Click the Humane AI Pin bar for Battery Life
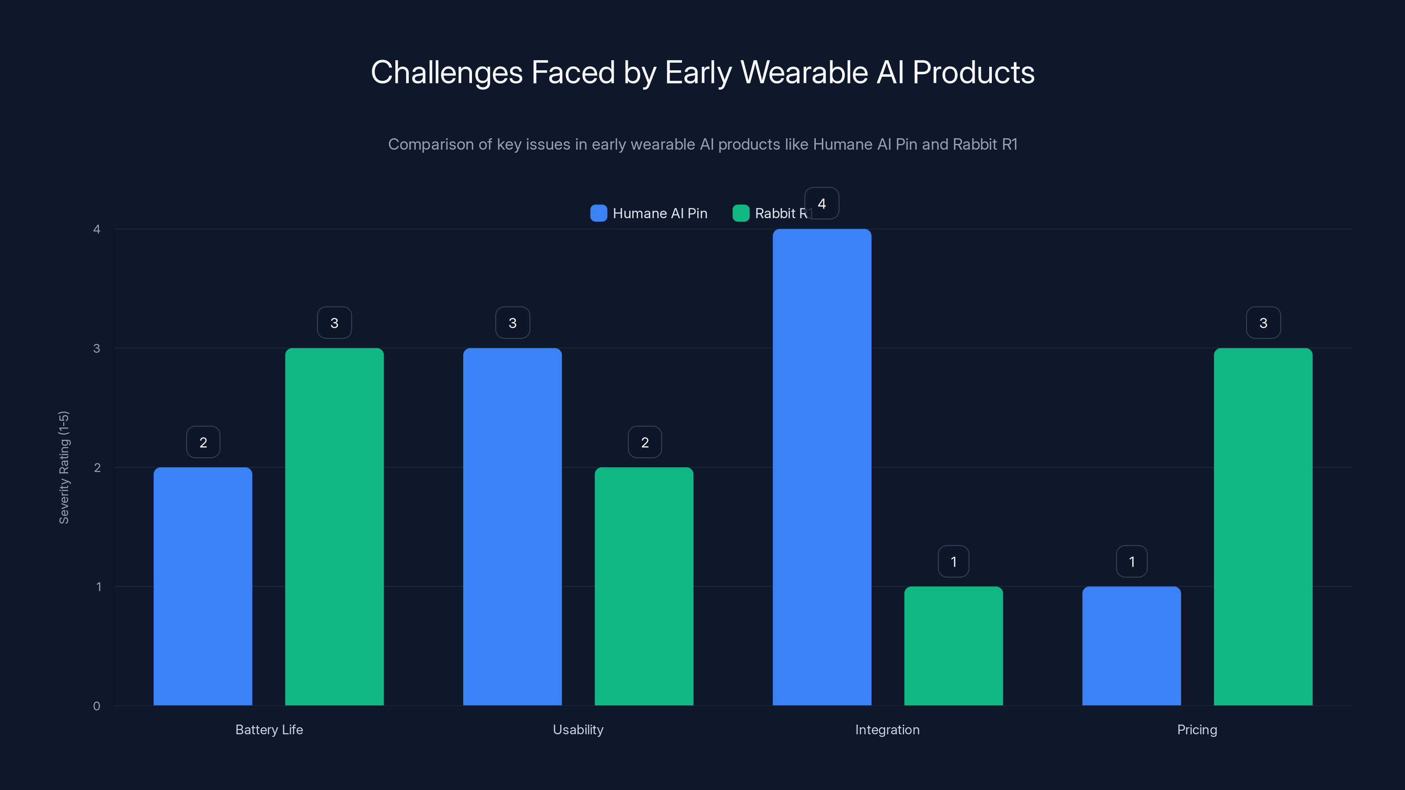coord(203,586)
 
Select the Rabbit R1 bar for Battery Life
coord(334,527)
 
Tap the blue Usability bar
coord(512,527)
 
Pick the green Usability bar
coord(644,586)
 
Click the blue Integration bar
coord(821,467)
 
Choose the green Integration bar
coord(953,646)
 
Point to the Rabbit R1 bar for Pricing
coord(1263,527)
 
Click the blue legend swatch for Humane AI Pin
coord(598,213)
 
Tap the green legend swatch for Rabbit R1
coord(741,213)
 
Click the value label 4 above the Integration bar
coord(821,203)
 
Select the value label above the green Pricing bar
coord(1263,323)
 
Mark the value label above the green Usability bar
coord(645,442)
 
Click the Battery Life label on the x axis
coord(269,729)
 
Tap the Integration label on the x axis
coord(887,729)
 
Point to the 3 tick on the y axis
coord(97,348)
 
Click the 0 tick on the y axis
coord(97,706)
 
